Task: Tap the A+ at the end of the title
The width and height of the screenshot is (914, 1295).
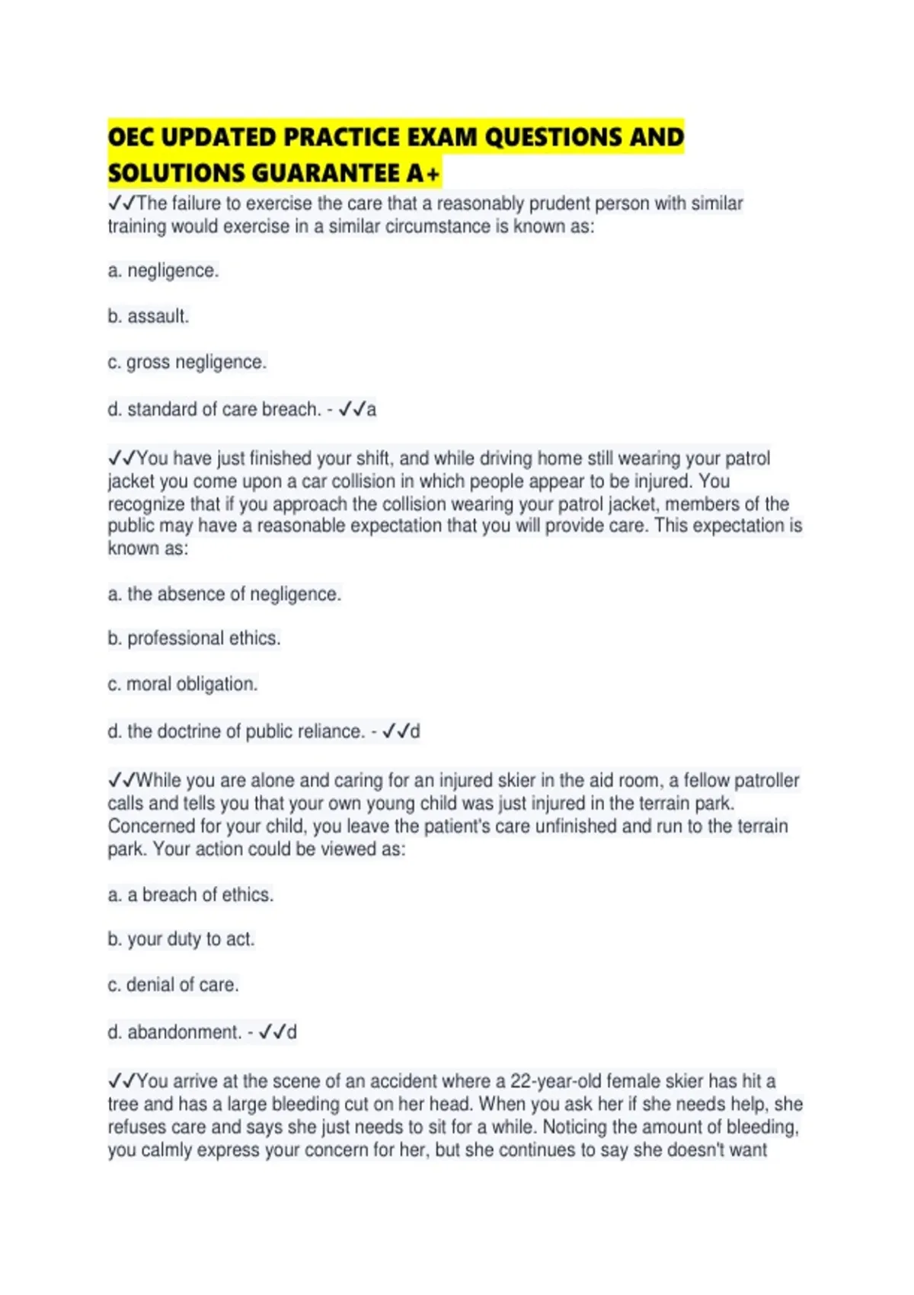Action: tap(423, 174)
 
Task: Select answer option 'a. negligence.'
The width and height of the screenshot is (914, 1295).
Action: tap(163, 270)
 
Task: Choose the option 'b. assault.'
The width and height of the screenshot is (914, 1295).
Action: tap(148, 316)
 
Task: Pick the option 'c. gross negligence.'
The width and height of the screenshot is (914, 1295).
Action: tap(187, 362)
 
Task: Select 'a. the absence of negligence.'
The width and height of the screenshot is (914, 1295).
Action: tap(224, 593)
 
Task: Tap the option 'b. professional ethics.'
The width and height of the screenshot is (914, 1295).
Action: tap(193, 638)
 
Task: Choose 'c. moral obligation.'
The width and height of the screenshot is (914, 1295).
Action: tap(182, 684)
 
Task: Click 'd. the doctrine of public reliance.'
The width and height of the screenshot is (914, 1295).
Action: tap(236, 731)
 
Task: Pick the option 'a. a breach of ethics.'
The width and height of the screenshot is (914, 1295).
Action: tap(190, 894)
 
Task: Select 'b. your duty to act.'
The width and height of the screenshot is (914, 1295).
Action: tap(181, 939)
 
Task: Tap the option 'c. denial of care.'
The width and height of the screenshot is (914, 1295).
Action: tap(173, 985)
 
